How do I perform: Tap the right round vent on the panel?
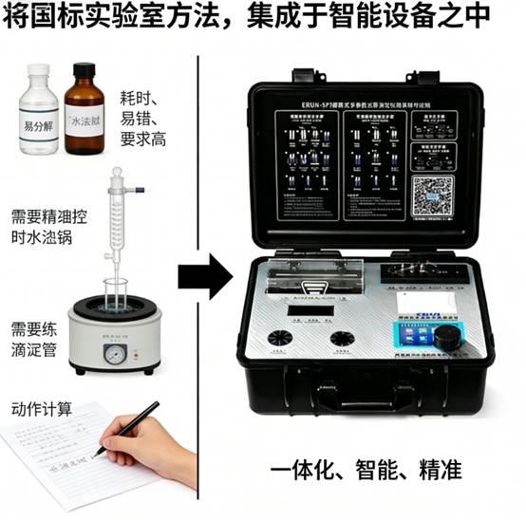pyautogui.click(x=341, y=338)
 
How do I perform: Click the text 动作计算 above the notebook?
pyautogui.click(x=42, y=409)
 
